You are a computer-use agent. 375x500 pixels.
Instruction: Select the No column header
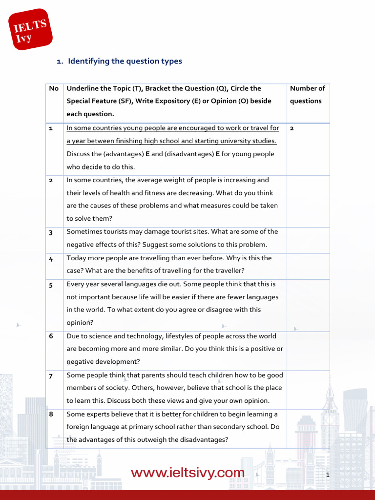coord(54,88)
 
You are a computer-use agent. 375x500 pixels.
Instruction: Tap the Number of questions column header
coord(307,95)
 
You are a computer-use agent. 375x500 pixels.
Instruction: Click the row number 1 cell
coord(51,128)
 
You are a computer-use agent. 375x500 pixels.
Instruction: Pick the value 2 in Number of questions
coord(292,128)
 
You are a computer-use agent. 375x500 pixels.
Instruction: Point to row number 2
coord(51,180)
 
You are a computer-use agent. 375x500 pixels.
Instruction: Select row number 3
coord(51,232)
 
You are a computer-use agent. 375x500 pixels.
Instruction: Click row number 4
coord(51,258)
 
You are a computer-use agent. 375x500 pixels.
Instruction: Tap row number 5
coord(51,285)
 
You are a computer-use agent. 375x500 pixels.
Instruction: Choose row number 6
coord(51,336)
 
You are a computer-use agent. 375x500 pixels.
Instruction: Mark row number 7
coord(51,375)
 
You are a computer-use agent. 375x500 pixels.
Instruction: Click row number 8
coord(51,415)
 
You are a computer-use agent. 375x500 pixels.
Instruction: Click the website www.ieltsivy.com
coord(187,473)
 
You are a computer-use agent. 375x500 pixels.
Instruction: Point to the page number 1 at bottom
coord(328,475)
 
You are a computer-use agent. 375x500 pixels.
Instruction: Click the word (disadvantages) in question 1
coord(187,154)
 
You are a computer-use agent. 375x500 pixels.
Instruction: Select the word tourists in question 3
coord(114,231)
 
